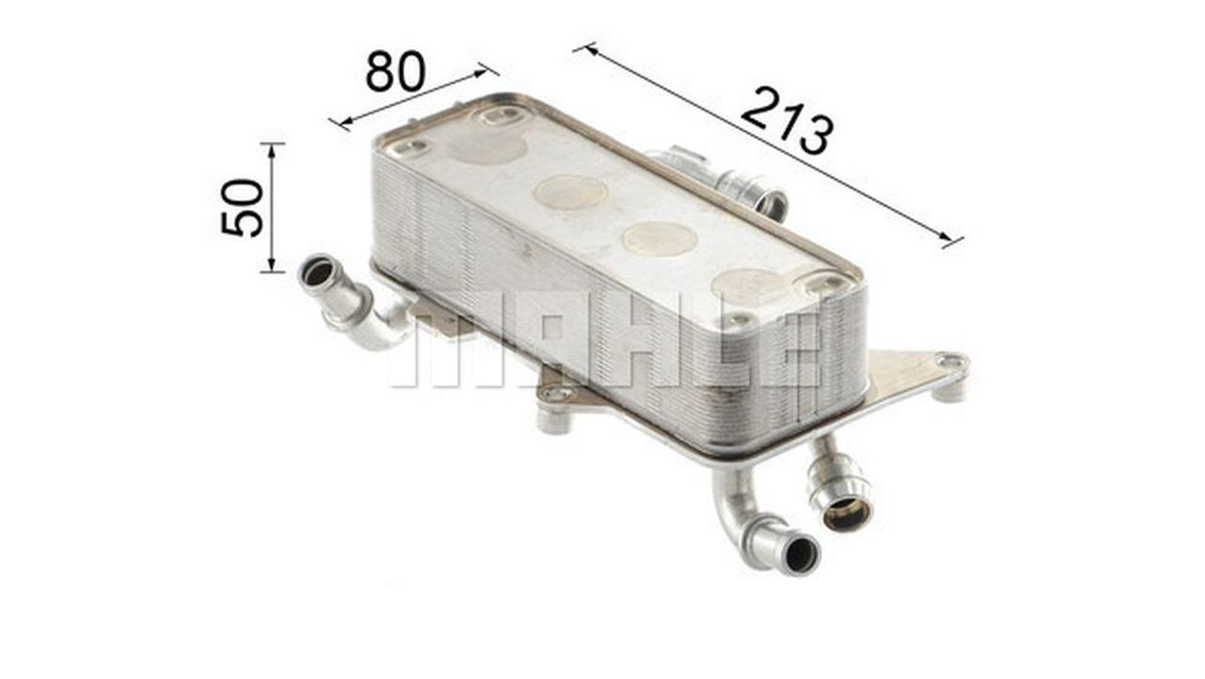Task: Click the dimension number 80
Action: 395,71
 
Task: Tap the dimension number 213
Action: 787,121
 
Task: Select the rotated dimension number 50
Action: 242,208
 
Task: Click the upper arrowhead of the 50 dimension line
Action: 272,151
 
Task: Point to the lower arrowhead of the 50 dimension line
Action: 272,265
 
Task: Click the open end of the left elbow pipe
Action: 317,273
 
